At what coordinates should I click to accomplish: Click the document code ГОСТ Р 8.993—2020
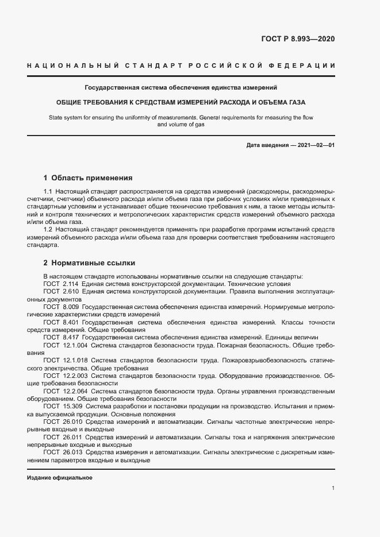298,39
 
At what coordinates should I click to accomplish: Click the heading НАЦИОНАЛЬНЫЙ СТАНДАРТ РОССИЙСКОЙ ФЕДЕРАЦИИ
181,66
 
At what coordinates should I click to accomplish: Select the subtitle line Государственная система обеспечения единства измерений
181,88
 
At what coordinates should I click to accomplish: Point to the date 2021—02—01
314,145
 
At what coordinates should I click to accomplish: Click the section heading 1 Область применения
88,178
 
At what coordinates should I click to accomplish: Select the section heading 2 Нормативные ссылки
89,263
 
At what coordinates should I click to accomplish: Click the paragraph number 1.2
48,229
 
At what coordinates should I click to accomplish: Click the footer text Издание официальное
60,478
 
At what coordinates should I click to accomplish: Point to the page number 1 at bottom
333,488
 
